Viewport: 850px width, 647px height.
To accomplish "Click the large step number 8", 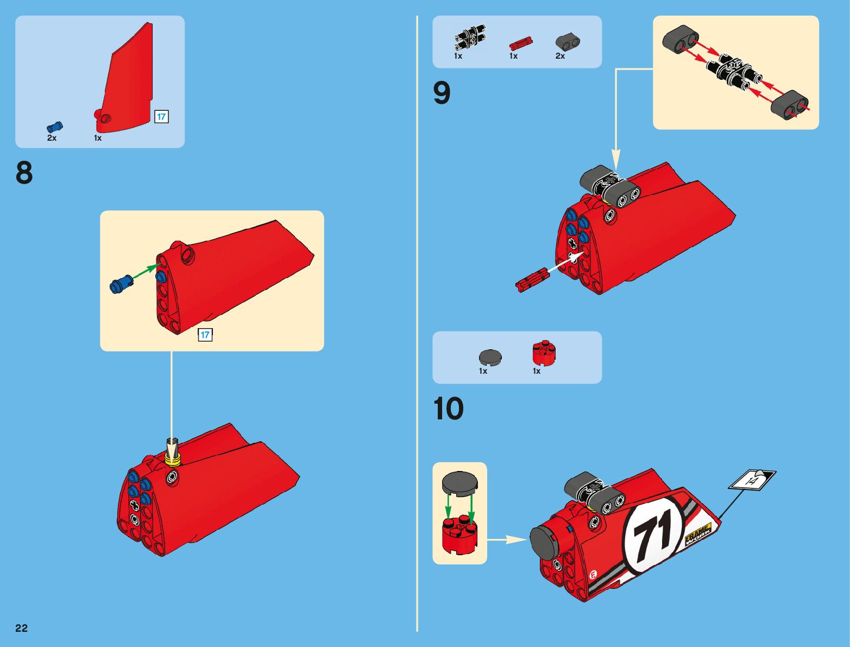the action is coord(24,173).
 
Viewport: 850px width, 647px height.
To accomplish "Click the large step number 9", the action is coord(442,93).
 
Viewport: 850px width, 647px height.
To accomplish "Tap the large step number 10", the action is coord(449,409).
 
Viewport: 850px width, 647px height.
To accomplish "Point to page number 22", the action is coord(22,629).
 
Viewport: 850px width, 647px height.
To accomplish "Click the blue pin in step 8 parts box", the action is coord(55,127).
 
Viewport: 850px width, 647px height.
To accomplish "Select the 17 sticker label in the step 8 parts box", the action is coord(161,116).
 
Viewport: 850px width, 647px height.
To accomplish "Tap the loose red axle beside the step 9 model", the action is coord(533,280).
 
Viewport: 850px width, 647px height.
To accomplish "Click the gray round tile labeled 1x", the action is coord(490,357).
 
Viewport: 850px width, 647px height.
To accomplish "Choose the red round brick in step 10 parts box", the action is coord(544,354).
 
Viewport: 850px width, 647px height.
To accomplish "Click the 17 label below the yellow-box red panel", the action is coord(205,335).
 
